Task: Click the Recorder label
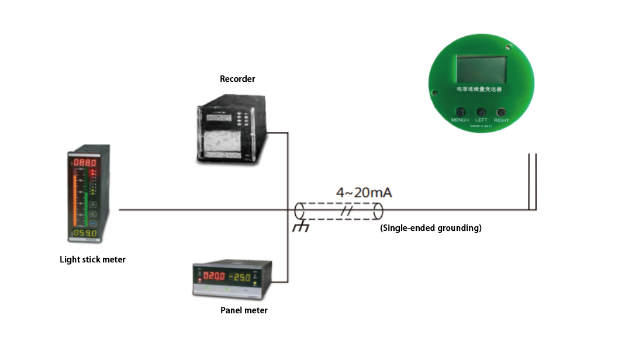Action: pos(237,79)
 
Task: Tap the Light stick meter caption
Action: pos(92,259)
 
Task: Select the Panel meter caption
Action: pos(244,310)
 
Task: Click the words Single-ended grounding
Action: pos(431,228)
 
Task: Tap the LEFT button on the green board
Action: pos(481,112)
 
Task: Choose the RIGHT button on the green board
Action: pos(501,112)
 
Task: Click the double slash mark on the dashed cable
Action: pos(347,211)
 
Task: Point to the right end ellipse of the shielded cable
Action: pos(379,211)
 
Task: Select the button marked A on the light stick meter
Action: pos(92,205)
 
